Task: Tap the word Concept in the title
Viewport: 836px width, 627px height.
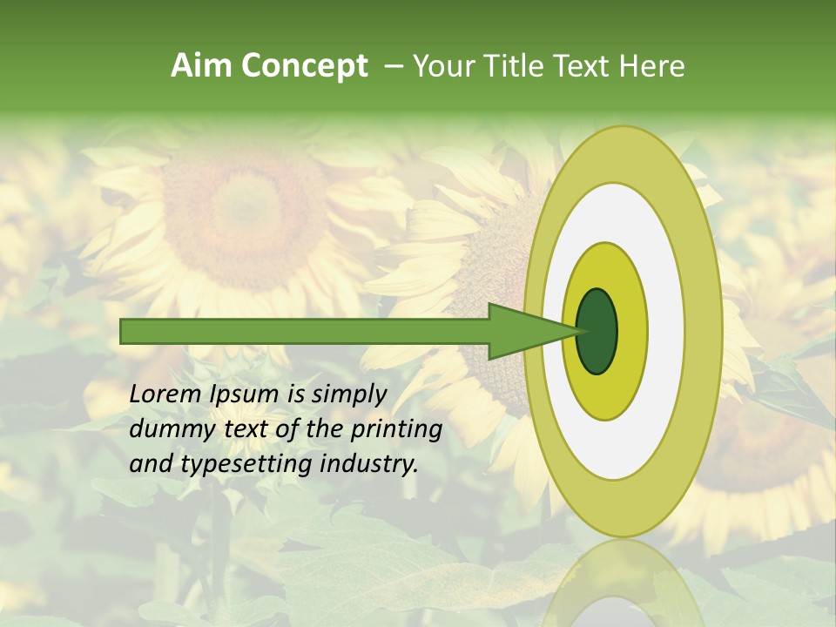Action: click(x=304, y=66)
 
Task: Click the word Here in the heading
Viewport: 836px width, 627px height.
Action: click(x=652, y=66)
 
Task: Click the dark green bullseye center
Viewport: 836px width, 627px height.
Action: click(x=597, y=330)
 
